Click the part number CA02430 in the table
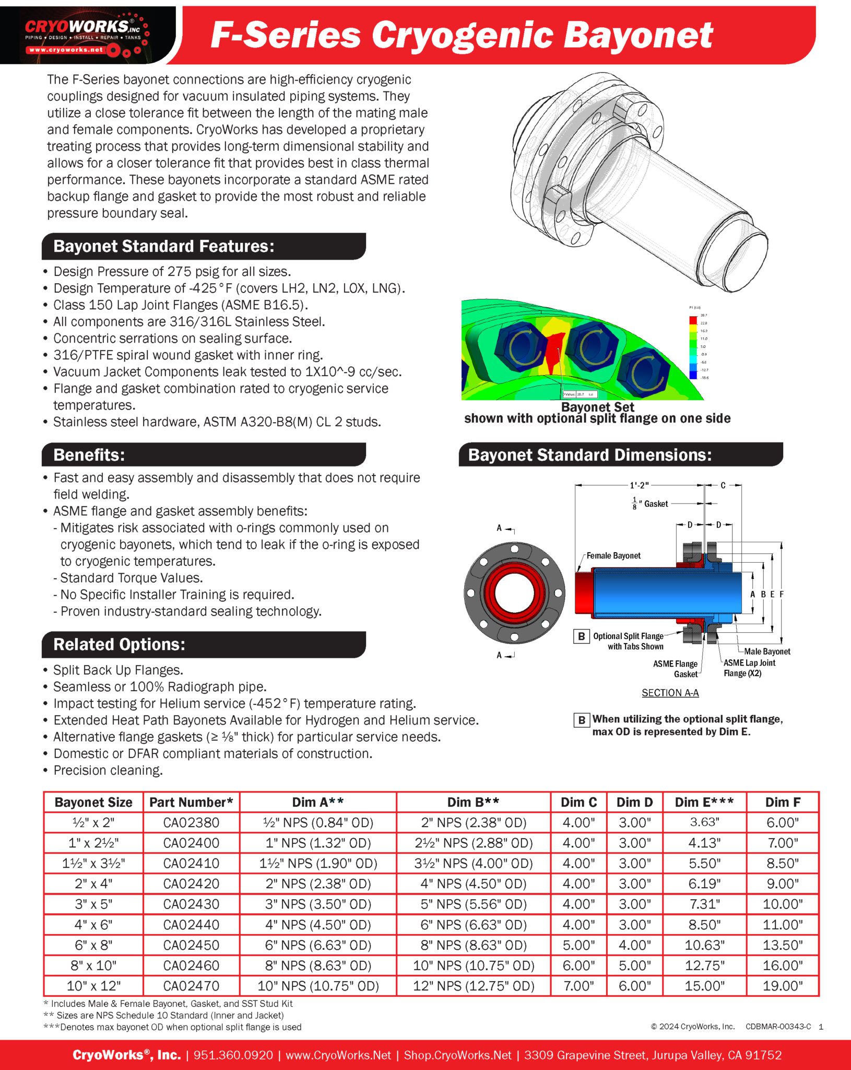point(191,904)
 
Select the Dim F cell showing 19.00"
point(782,986)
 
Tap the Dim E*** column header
point(704,802)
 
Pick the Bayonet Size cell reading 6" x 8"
point(93,945)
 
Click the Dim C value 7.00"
point(578,986)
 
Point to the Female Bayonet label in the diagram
point(613,555)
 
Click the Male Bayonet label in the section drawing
point(766,652)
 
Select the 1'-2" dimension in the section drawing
point(639,485)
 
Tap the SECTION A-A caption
point(670,693)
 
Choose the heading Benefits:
point(89,455)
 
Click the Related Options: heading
point(119,644)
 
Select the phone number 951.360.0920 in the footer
point(233,1055)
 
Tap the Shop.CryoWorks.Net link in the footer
point(457,1055)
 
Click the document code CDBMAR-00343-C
point(778,1027)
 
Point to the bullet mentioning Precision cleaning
point(108,770)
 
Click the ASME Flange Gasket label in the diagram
point(675,669)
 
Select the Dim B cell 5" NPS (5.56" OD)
point(474,904)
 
